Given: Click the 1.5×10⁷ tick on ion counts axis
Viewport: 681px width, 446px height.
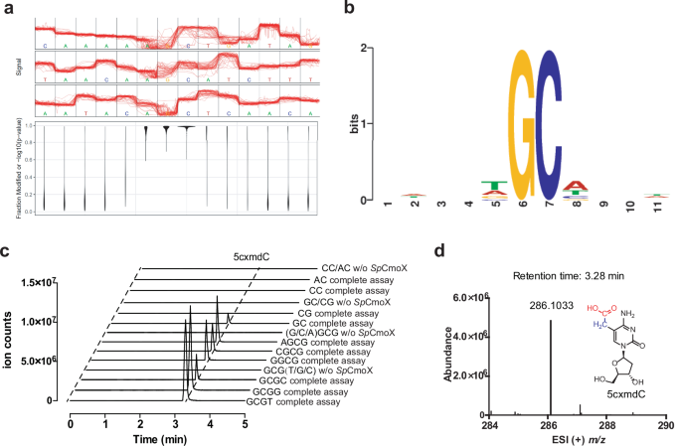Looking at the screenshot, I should (42, 286).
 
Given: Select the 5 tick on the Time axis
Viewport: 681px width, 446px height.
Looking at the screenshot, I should (244, 421).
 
